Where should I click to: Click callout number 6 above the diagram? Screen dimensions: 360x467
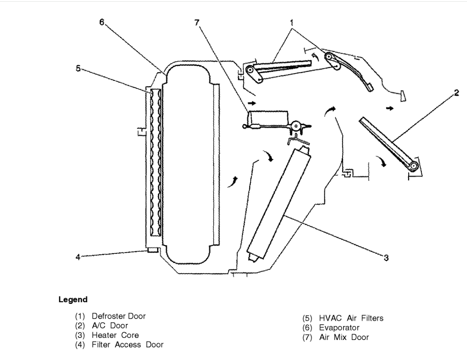(x=102, y=23)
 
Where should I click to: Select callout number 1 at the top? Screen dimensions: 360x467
(x=292, y=21)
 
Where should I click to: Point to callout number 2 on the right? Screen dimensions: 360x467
(x=456, y=93)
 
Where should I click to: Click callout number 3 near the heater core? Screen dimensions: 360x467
(x=386, y=257)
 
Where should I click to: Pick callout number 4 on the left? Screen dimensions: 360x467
(x=78, y=257)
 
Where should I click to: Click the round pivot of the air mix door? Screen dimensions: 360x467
(x=297, y=126)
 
